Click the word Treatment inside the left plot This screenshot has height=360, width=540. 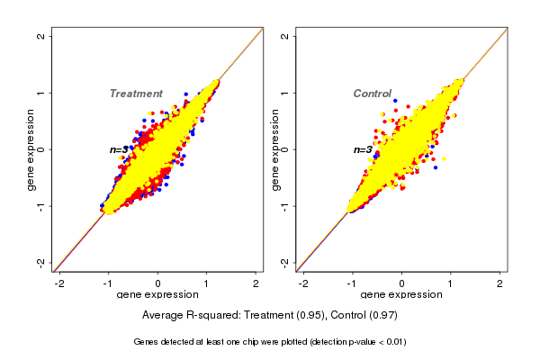(136, 94)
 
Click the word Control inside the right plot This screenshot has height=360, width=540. (372, 94)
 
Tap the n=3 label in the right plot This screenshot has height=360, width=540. (363, 149)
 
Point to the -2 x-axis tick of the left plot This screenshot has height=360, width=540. (59, 283)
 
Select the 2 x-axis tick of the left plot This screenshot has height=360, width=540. (256, 283)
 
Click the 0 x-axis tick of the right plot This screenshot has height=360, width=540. (402, 283)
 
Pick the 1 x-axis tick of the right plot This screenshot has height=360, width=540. (452, 283)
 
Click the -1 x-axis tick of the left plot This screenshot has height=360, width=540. (109, 283)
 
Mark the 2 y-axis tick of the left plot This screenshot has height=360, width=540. (41, 36)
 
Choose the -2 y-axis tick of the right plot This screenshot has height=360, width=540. (284, 262)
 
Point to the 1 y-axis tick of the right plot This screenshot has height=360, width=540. (284, 93)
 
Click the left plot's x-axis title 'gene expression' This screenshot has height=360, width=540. (158, 295)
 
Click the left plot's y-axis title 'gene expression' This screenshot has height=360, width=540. (31, 149)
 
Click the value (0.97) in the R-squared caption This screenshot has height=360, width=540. (382, 316)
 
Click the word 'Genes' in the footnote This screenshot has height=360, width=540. (146, 343)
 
